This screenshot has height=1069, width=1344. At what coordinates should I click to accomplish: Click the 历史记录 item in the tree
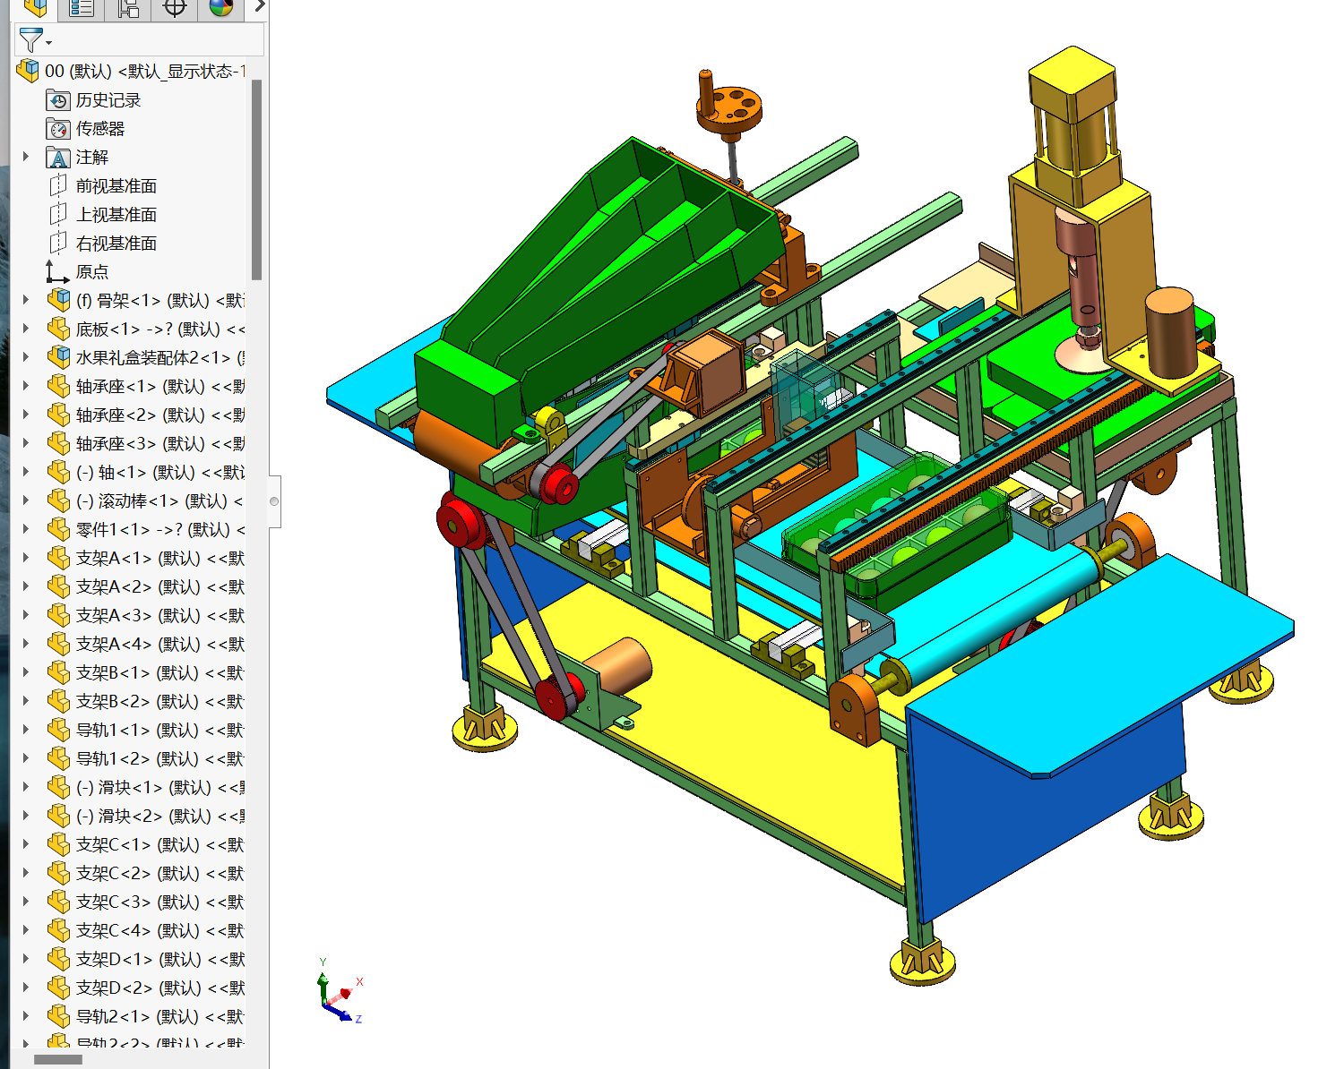point(108,100)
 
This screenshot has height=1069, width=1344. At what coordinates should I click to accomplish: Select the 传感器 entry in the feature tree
point(99,129)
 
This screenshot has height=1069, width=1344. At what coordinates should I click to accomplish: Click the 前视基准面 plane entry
point(116,186)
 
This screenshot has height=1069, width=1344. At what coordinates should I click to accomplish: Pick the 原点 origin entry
point(91,272)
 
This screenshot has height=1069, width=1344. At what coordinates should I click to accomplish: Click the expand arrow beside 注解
point(26,157)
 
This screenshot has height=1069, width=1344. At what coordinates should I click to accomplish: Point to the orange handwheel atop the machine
point(730,108)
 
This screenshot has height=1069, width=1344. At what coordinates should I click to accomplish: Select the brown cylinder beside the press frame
point(1169,331)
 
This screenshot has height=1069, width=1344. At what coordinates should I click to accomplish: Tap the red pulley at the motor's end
point(556,697)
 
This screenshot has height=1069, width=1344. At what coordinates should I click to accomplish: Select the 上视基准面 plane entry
point(116,215)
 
